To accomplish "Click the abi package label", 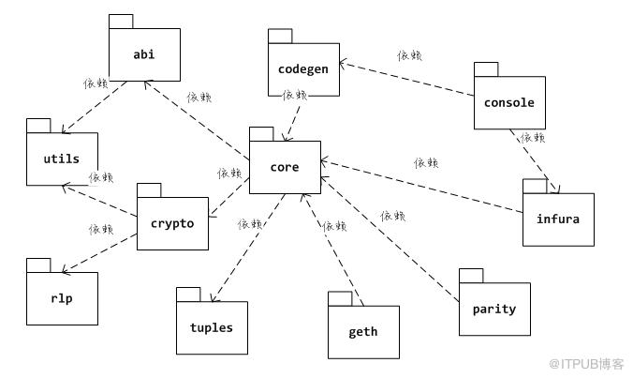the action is [144, 54].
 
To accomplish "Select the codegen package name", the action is [303, 69].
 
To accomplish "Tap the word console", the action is [509, 102].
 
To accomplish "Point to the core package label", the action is [285, 167].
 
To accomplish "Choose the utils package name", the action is [62, 159].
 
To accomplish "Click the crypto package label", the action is [172, 224].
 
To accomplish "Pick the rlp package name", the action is [62, 299].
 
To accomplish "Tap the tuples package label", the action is [212, 328].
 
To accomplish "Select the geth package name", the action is [363, 332].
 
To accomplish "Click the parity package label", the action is [494, 310].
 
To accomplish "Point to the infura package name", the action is [558, 219].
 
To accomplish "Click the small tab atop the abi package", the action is [121, 22].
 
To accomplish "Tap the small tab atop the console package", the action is [486, 69].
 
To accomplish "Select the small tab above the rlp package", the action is [38, 265].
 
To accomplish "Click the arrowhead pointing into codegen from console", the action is [343, 64].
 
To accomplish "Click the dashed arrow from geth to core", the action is [332, 249].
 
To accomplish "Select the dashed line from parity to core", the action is [390, 239].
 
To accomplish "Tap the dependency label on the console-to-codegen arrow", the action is [410, 55].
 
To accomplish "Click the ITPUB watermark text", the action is [586, 364].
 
